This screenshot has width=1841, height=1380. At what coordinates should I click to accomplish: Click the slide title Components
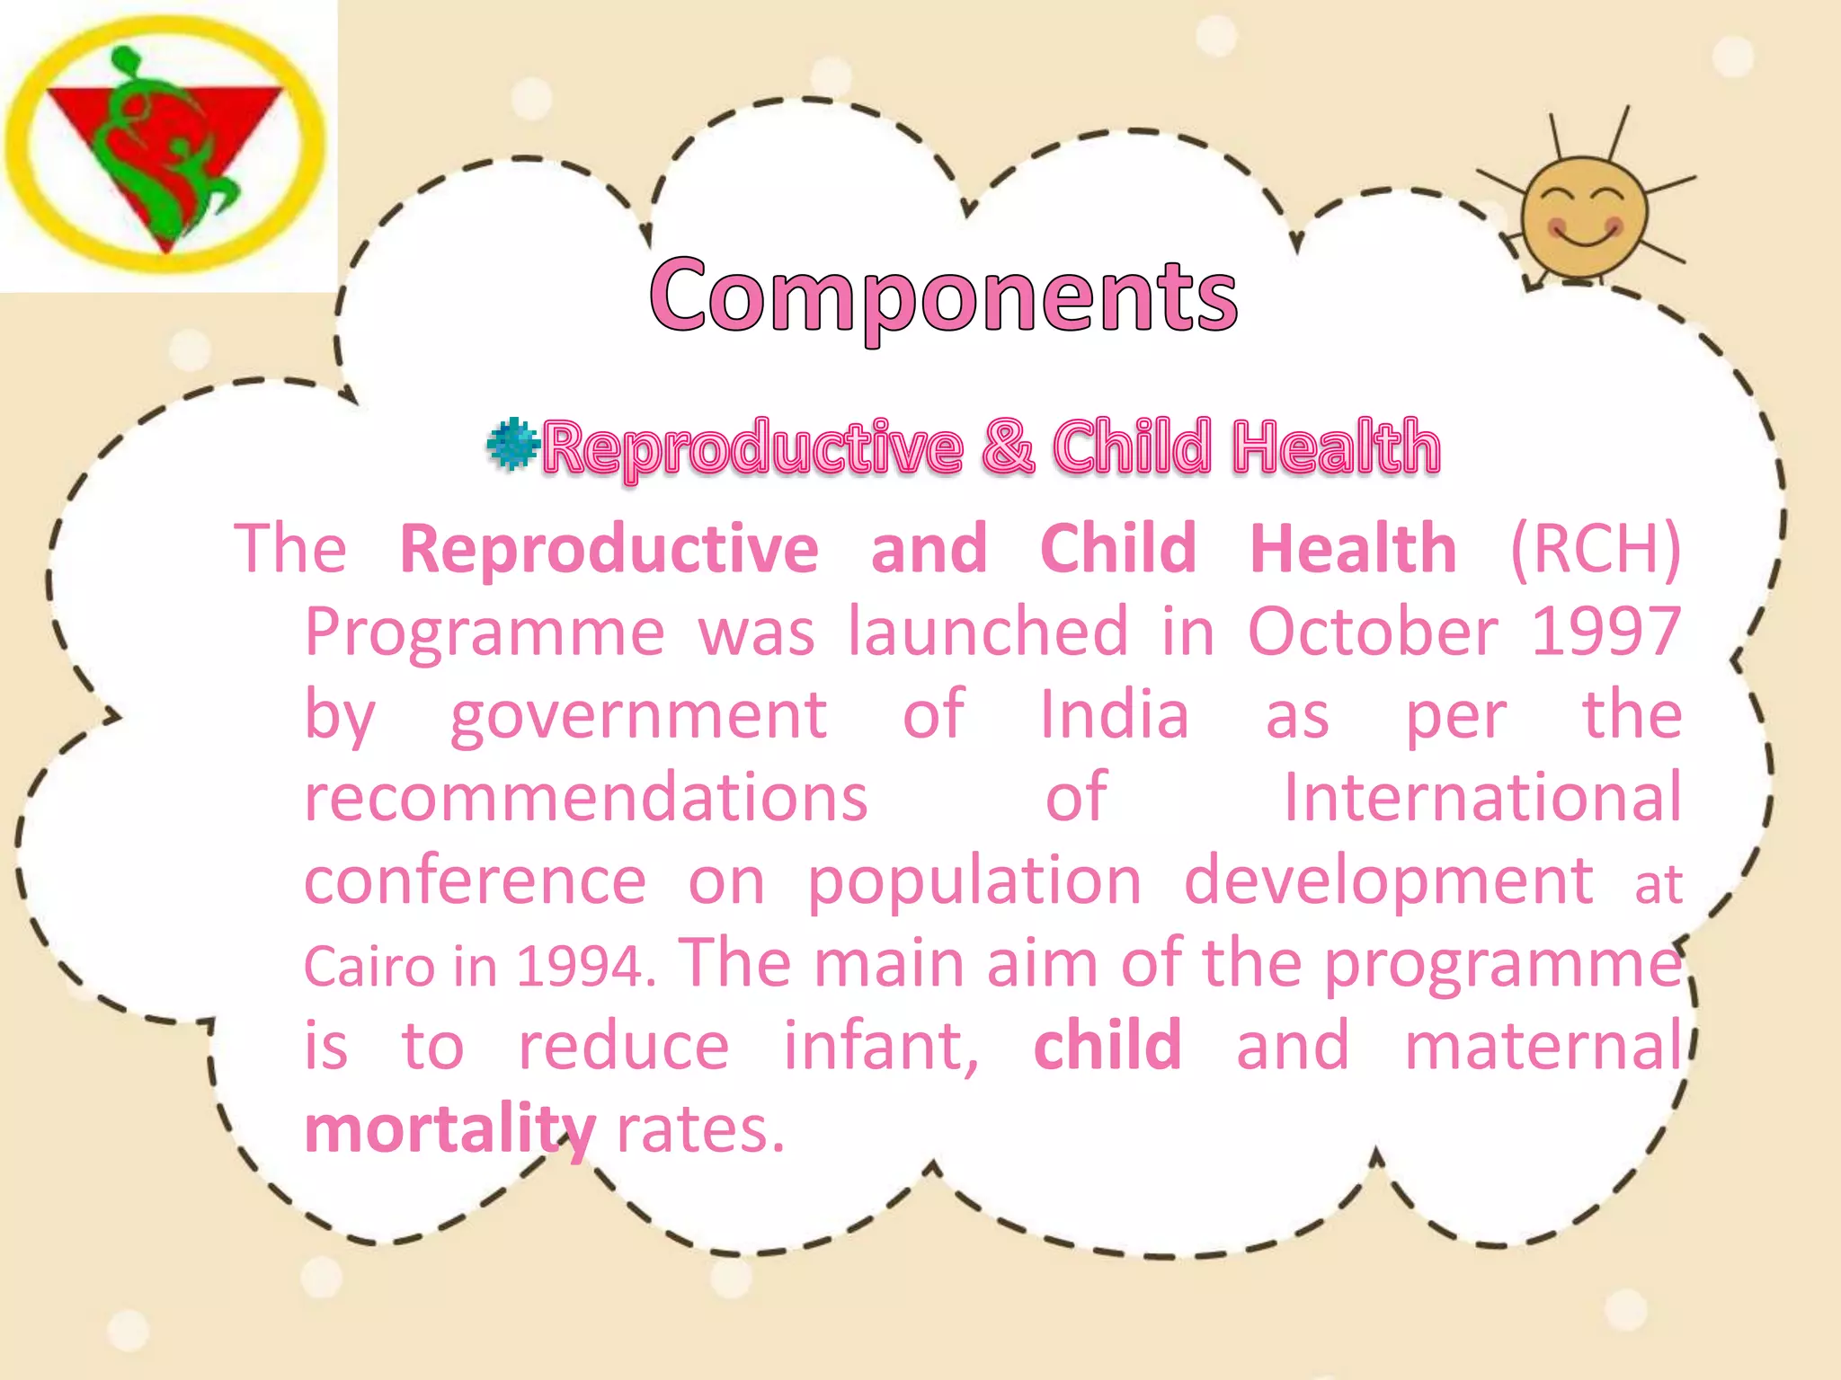tap(943, 295)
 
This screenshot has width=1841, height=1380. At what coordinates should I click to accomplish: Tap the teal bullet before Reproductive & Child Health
tap(512, 444)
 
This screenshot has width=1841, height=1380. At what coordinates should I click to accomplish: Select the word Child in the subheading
tap(1132, 447)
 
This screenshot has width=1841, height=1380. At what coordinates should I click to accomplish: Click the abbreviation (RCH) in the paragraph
tap(1595, 548)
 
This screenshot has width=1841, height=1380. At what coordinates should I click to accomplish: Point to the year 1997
tap(1605, 632)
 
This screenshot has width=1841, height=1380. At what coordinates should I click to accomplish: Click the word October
tap(1373, 632)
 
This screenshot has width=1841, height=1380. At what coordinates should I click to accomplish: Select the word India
tap(1114, 715)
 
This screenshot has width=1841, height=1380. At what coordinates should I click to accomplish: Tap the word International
tap(1481, 798)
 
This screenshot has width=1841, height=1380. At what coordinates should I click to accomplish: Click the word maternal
tap(1543, 1047)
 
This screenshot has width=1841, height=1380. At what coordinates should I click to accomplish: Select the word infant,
tap(881, 1047)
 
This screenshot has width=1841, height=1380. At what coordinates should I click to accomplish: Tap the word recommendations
tap(586, 798)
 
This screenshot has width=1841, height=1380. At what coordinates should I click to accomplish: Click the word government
tap(638, 715)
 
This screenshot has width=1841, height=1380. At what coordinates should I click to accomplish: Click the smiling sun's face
tap(1584, 217)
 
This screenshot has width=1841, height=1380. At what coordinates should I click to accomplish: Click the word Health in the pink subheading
tap(1336, 447)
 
